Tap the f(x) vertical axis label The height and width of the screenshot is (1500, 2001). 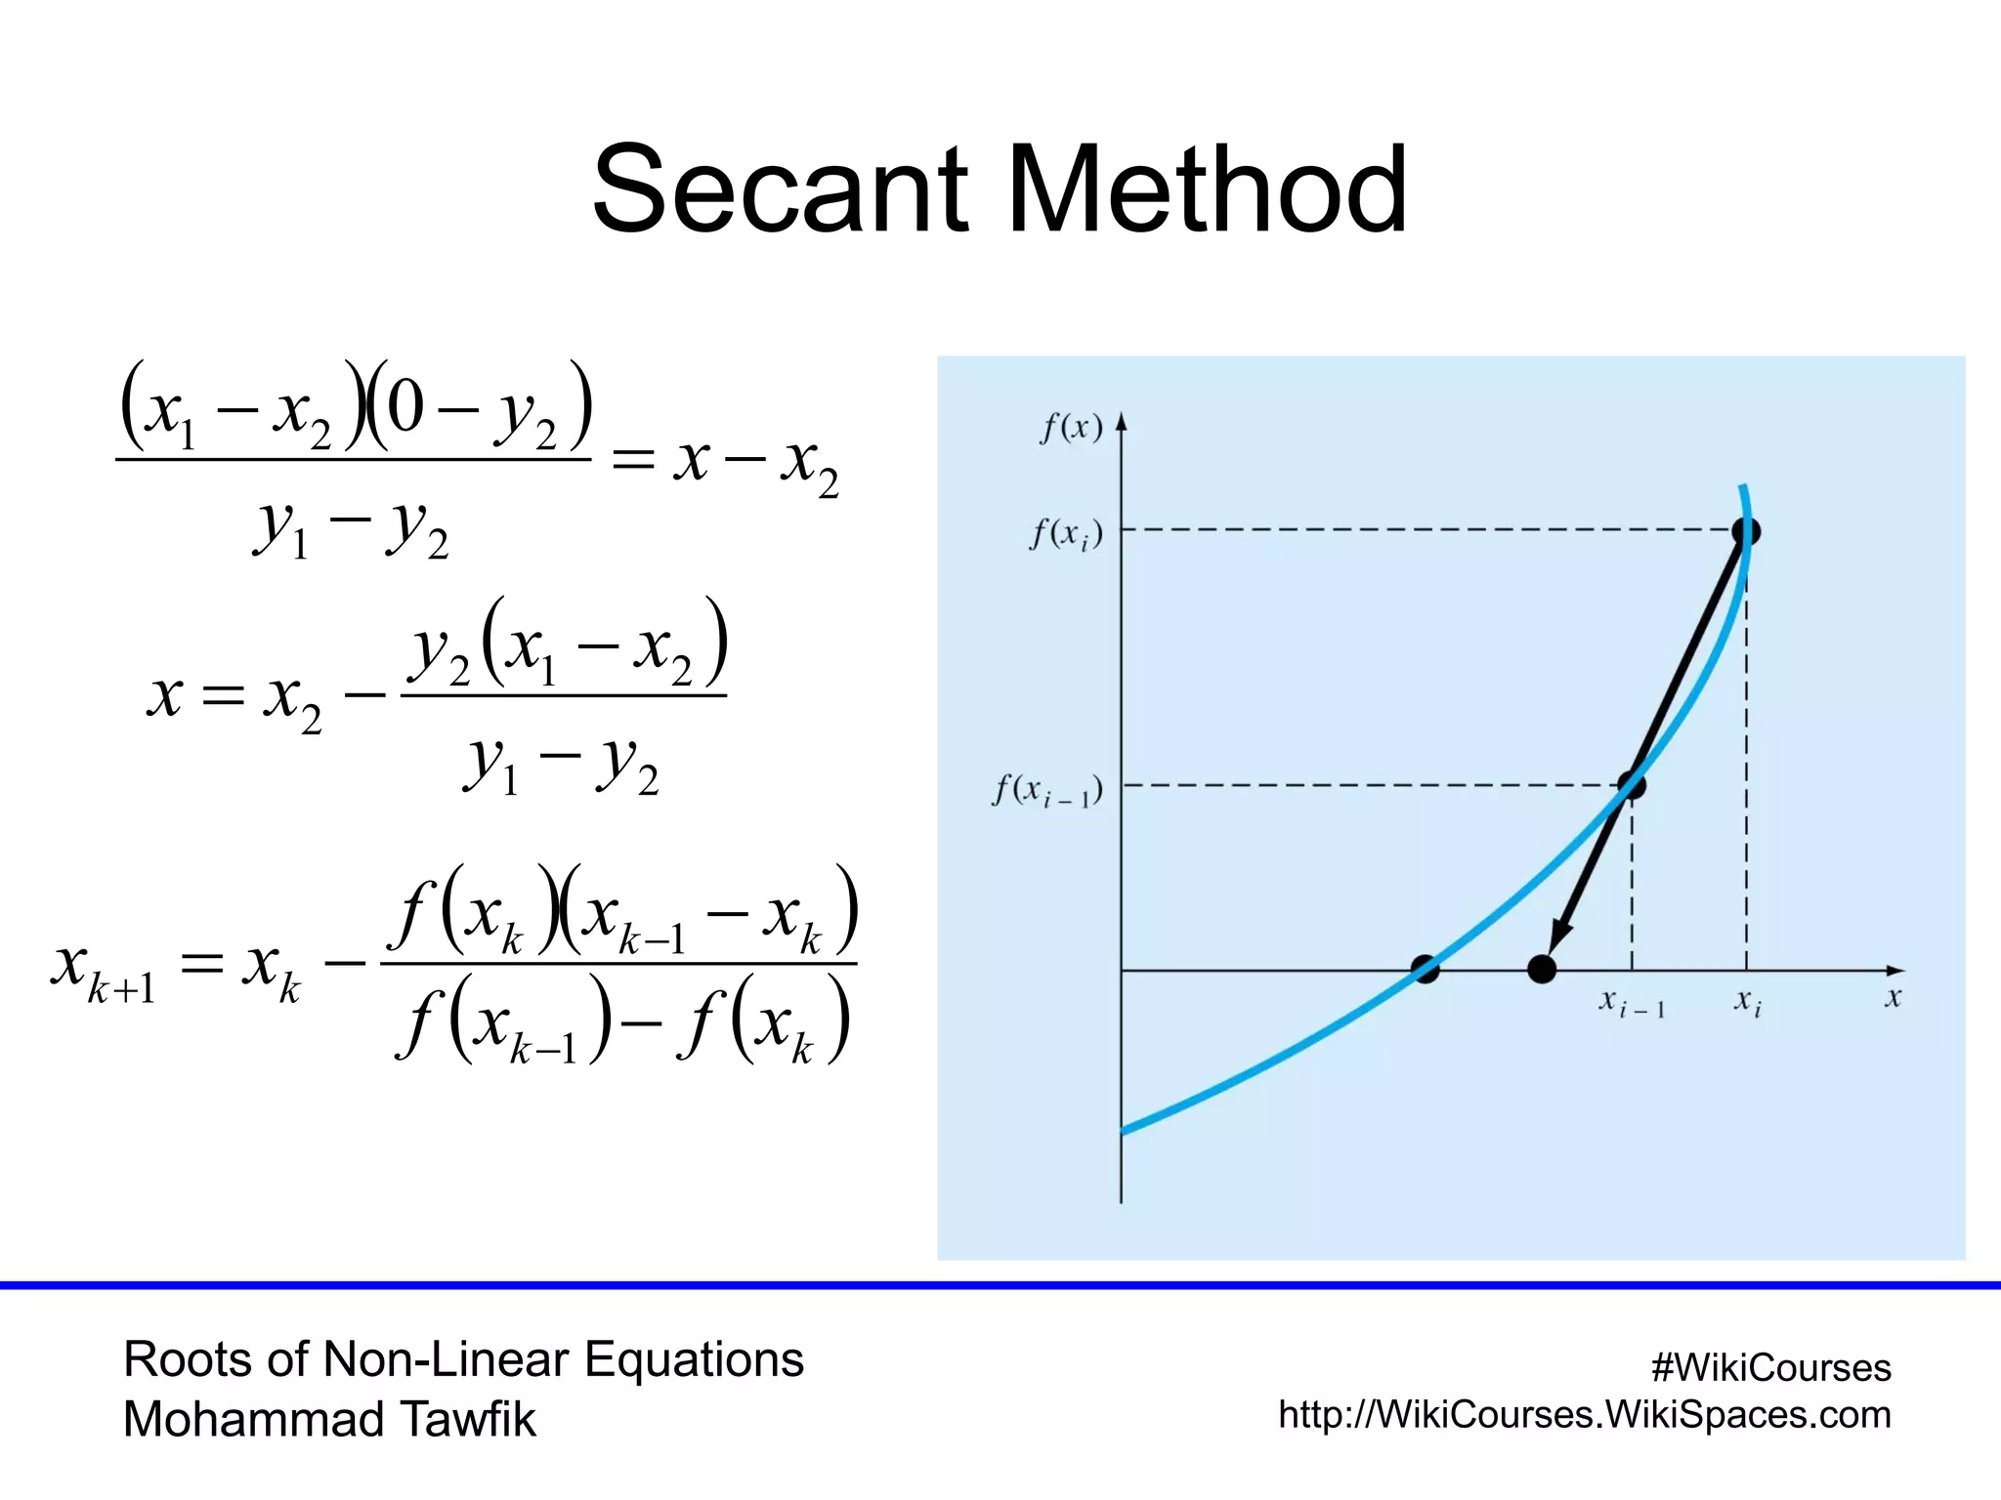(1071, 428)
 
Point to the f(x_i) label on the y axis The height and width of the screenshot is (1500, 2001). (1066, 535)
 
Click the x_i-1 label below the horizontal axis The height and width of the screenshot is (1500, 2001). (1631, 1002)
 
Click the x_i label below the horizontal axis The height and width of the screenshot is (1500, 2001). (1747, 1002)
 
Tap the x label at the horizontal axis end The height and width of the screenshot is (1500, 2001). (1893, 998)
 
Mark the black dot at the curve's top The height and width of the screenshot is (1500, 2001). (1746, 532)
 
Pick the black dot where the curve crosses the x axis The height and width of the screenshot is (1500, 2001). (1426, 970)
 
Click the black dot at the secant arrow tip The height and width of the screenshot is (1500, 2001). (1542, 970)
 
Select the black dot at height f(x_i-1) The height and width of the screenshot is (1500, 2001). (1631, 784)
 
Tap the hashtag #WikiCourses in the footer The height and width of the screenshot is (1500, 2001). (1770, 1368)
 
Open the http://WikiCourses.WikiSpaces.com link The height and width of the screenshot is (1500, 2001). (1584, 1415)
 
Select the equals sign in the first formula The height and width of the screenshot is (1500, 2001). (632, 459)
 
